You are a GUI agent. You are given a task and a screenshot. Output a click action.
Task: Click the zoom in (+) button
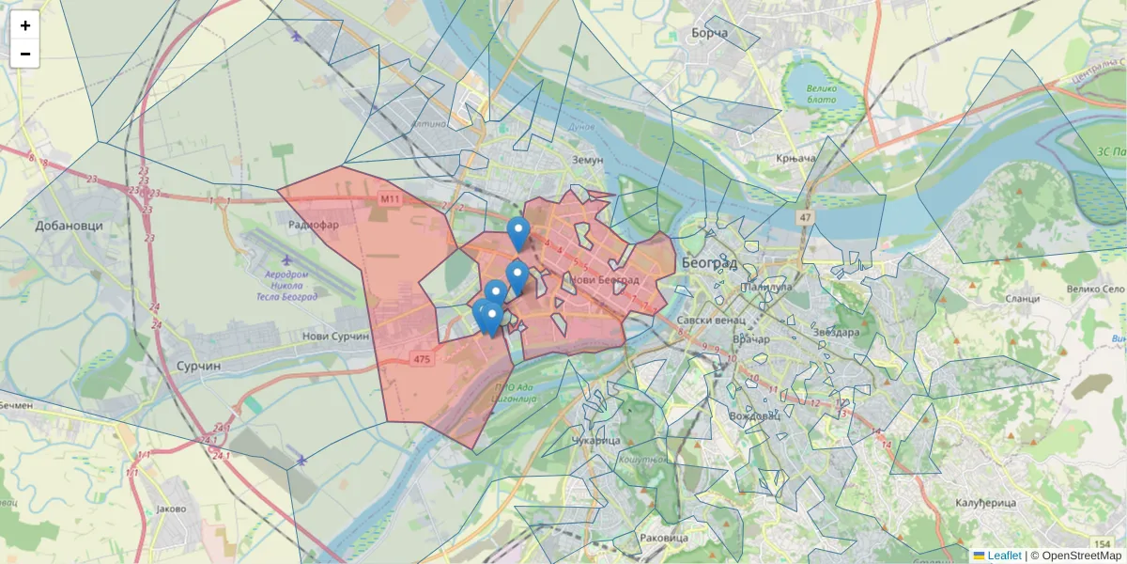click(x=24, y=25)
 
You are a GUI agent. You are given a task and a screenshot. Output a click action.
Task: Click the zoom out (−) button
click(x=24, y=54)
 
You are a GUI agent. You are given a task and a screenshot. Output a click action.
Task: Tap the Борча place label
click(x=709, y=34)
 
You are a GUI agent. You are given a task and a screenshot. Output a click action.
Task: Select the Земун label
click(x=587, y=160)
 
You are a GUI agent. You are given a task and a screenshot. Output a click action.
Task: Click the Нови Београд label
click(x=605, y=280)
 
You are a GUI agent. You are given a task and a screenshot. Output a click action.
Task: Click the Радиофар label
click(x=314, y=226)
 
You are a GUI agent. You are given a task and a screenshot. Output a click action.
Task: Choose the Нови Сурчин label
click(x=336, y=336)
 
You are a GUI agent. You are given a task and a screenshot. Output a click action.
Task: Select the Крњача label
click(x=795, y=160)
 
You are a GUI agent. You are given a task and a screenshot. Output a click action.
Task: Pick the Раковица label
click(x=663, y=538)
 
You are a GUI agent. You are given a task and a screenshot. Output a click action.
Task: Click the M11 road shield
click(x=391, y=199)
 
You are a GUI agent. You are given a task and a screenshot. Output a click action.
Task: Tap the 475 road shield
click(x=422, y=358)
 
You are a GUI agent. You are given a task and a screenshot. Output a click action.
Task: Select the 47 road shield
click(x=805, y=218)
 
